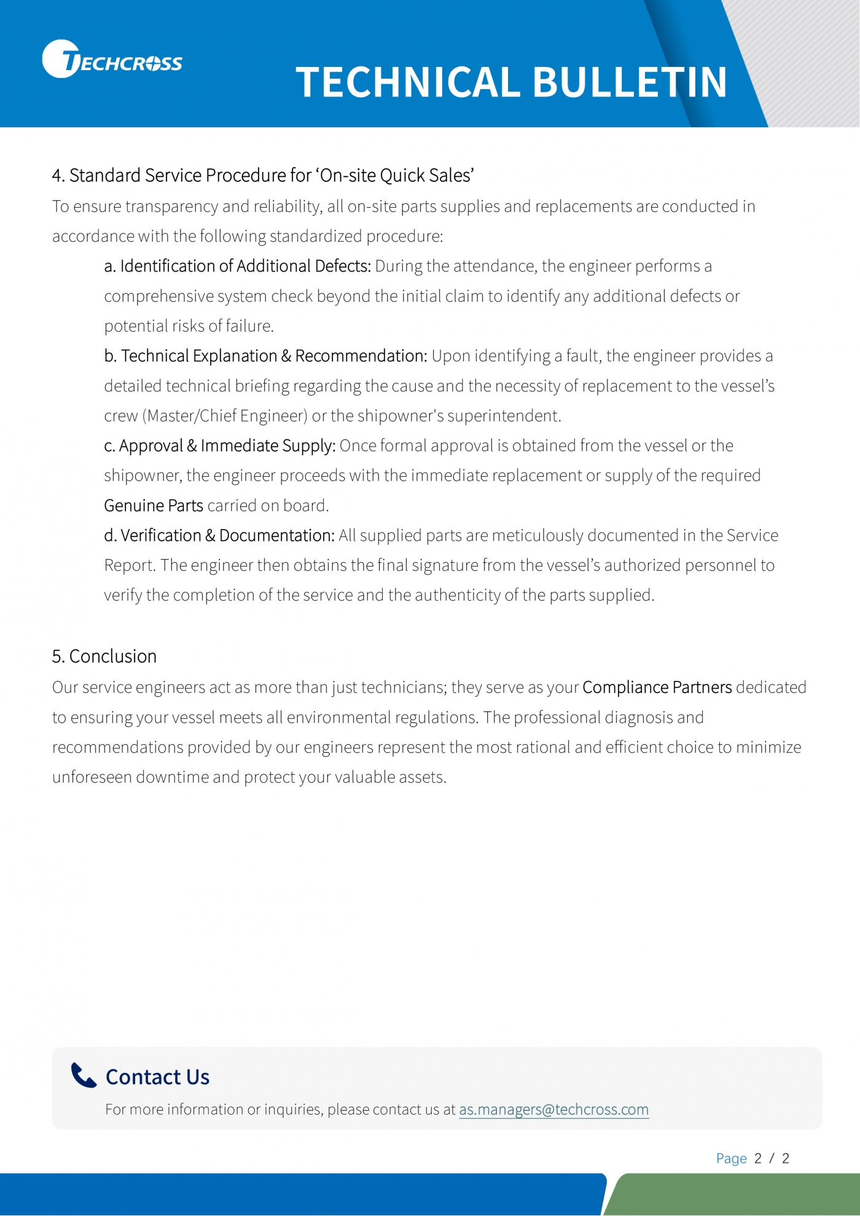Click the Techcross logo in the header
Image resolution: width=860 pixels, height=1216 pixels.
pyautogui.click(x=112, y=60)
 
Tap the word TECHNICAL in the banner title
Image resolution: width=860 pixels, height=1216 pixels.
pyautogui.click(x=407, y=83)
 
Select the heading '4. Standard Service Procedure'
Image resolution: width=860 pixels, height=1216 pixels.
pyautogui.click(x=263, y=176)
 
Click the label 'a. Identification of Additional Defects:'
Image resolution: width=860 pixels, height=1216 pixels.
pyautogui.click(x=238, y=266)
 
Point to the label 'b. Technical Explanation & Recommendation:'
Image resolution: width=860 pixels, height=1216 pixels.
pyautogui.click(x=265, y=356)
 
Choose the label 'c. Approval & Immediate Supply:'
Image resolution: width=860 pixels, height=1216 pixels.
pyautogui.click(x=220, y=445)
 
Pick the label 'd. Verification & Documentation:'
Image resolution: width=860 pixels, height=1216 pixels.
pyautogui.click(x=219, y=535)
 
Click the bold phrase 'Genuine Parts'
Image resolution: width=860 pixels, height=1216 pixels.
pyautogui.click(x=154, y=506)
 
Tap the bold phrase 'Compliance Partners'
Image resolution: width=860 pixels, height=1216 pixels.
pyautogui.click(x=657, y=687)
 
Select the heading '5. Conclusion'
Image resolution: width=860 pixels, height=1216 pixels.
pyautogui.click(x=104, y=656)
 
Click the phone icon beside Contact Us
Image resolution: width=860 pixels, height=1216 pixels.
pyautogui.click(x=84, y=1075)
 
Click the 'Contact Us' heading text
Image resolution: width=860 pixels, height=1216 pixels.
pyautogui.click(x=157, y=1077)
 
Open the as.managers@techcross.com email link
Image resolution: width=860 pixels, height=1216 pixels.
pyautogui.click(x=553, y=1110)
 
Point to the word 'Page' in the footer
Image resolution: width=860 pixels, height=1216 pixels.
pyautogui.click(x=731, y=1158)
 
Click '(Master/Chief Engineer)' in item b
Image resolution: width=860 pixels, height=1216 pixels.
pyautogui.click(x=225, y=416)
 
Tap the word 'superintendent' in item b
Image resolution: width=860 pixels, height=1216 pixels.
pyautogui.click(x=503, y=416)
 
